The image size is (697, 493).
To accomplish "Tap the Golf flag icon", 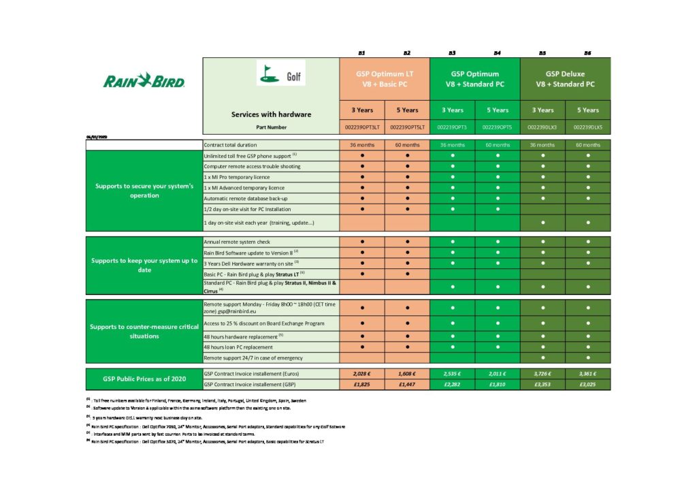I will [x=268, y=75].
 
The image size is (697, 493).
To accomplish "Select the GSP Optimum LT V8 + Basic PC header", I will [x=384, y=79].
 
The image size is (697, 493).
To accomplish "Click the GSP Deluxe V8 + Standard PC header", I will [x=565, y=79].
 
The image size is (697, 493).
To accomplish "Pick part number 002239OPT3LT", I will [x=361, y=127].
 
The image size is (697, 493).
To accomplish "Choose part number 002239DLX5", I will [x=587, y=127].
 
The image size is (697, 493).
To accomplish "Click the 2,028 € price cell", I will [x=361, y=373].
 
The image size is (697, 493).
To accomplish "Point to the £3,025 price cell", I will [x=587, y=385].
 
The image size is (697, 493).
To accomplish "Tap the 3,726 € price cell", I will [x=542, y=373].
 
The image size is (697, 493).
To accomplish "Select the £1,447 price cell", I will [x=407, y=385].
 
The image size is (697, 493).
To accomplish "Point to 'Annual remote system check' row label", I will [x=238, y=242].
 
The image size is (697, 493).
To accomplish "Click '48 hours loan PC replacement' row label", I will [x=239, y=347].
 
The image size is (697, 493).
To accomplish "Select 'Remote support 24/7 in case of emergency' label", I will [x=253, y=357].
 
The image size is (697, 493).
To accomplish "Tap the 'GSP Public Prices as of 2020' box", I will [x=144, y=379].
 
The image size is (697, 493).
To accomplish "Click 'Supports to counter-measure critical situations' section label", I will [x=144, y=331].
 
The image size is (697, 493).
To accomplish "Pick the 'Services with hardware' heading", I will [x=271, y=114].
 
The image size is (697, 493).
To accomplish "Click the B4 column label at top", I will [x=498, y=52].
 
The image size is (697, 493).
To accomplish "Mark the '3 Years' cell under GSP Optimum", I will [x=452, y=110].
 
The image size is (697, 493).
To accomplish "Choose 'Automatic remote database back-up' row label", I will [x=247, y=198].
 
